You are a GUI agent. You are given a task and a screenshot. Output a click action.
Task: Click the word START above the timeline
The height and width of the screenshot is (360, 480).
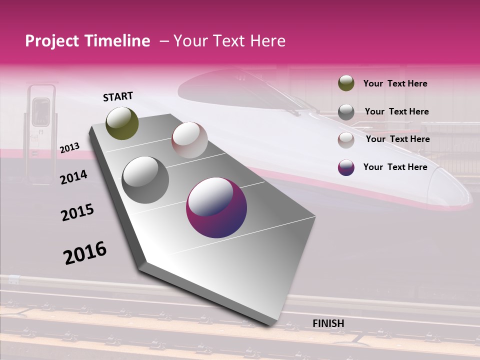(118, 96)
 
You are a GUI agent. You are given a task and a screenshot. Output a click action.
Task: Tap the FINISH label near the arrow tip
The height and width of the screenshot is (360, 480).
(328, 323)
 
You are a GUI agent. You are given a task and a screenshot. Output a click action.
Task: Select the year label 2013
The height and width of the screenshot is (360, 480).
(69, 148)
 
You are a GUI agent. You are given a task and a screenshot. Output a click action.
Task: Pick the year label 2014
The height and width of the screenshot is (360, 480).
(73, 177)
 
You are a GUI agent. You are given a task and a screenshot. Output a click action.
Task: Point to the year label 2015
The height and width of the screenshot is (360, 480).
(77, 212)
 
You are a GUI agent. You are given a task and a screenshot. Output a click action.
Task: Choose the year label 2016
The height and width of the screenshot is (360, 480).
(85, 252)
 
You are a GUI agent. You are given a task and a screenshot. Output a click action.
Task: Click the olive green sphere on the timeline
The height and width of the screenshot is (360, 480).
(122, 123)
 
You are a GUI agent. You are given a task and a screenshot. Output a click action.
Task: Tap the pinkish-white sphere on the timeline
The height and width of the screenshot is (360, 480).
(189, 140)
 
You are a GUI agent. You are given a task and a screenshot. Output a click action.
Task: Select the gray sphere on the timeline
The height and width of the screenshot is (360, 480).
(145, 180)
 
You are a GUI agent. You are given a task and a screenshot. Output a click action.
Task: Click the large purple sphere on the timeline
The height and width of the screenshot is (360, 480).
(216, 208)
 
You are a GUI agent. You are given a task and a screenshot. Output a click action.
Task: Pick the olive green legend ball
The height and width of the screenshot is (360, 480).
(346, 83)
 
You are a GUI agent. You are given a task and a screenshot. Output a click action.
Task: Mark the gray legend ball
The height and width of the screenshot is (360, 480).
(346, 112)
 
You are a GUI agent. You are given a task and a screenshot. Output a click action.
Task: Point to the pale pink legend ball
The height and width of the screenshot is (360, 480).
(346, 139)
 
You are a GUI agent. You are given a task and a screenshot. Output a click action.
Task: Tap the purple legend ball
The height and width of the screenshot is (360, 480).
(346, 167)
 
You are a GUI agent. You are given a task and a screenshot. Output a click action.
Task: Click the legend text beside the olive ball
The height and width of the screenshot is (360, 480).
(395, 83)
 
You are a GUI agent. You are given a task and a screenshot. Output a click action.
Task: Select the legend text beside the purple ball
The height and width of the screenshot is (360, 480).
(395, 167)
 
